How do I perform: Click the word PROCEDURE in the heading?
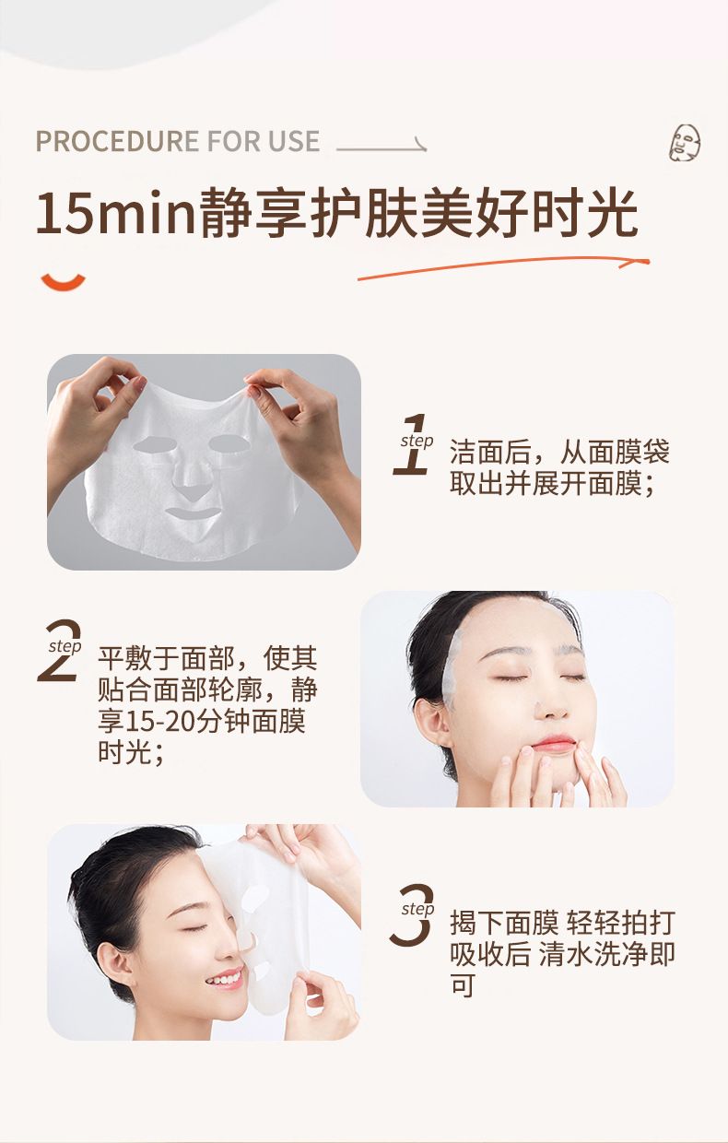click(x=117, y=141)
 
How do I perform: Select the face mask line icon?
click(x=685, y=143)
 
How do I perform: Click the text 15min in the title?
click(x=116, y=213)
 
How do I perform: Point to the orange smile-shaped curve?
click(x=64, y=282)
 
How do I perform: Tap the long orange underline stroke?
click(x=503, y=268)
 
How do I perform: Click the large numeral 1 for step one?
click(x=412, y=444)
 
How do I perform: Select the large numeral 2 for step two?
click(x=59, y=651)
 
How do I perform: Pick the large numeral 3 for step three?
click(x=411, y=915)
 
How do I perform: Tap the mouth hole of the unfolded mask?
click(x=194, y=513)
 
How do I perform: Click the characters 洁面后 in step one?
click(x=491, y=452)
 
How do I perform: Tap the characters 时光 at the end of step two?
click(x=124, y=753)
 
